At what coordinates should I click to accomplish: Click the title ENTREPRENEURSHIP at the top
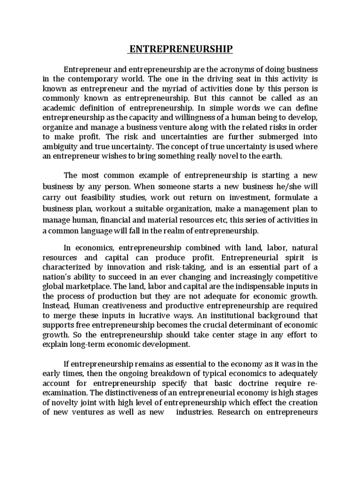point(180,49)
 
